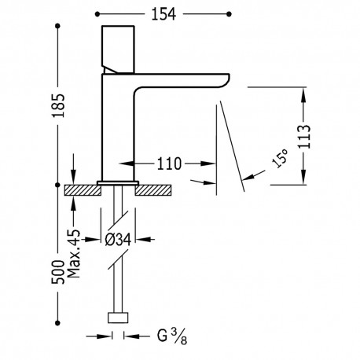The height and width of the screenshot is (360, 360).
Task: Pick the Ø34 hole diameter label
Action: (x=119, y=241)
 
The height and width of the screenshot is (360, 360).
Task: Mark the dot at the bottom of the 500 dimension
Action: (x=59, y=321)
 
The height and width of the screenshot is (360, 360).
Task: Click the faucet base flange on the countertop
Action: (x=118, y=182)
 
